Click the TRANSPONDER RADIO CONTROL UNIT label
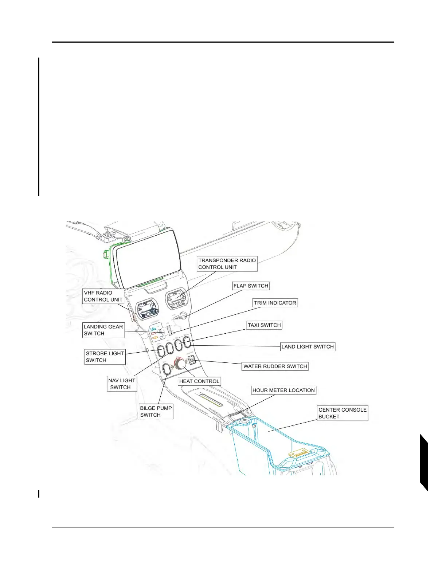227,264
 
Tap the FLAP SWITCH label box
251,286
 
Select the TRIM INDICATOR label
275,303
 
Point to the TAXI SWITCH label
264,325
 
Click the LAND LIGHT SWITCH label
308,347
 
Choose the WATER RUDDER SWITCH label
275,366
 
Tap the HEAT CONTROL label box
199,381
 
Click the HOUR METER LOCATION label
283,390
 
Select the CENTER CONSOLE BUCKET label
343,413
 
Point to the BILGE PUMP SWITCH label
156,412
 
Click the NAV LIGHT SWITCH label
122,384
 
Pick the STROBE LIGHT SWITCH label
105,357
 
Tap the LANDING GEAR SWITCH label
103,330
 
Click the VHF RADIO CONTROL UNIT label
103,296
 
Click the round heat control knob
180,364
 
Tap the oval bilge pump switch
167,369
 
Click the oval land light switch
187,342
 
